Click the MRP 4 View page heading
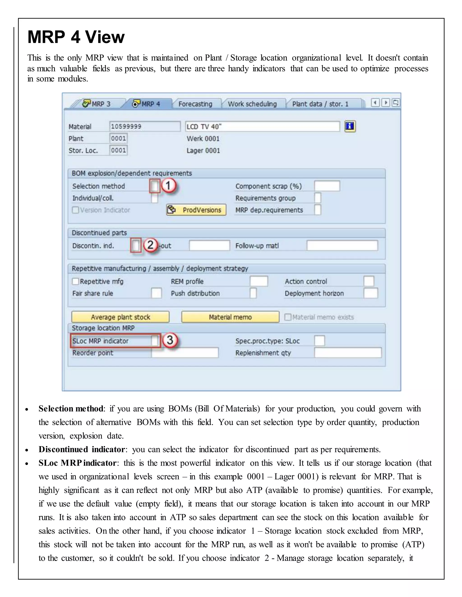(76, 37)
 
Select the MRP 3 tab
(97, 104)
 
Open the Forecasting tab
(195, 104)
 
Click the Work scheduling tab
(252, 104)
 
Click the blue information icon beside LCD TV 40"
(350, 126)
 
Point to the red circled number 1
(168, 186)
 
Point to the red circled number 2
(150, 245)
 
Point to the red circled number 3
(170, 340)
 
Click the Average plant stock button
(120, 317)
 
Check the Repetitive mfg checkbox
(76, 281)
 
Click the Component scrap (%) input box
(327, 186)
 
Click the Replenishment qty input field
(348, 353)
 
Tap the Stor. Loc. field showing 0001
(118, 150)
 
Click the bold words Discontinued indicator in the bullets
(82, 449)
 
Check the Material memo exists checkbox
(288, 317)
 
